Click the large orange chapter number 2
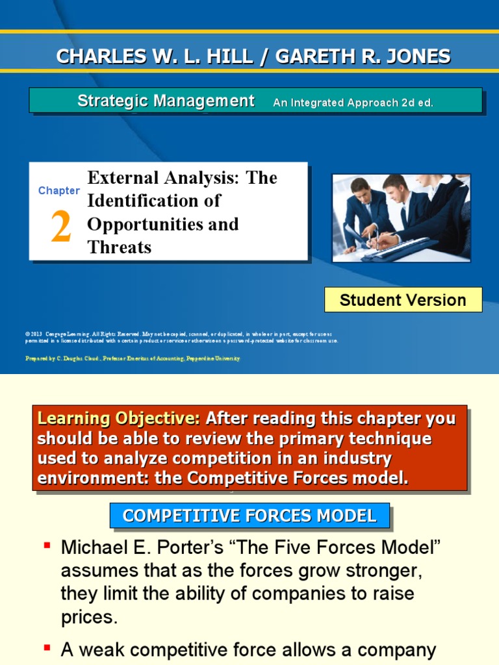60,228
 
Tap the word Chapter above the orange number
59,190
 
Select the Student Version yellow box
403,300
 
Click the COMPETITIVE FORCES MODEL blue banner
249,516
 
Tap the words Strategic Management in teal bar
166,101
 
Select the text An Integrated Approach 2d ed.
353,103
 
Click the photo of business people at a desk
401,218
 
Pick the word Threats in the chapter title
120,247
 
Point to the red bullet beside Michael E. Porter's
47,544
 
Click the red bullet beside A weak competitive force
47,647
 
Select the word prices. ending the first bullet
90,617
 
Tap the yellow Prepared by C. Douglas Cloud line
133,358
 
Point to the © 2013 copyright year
34,334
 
